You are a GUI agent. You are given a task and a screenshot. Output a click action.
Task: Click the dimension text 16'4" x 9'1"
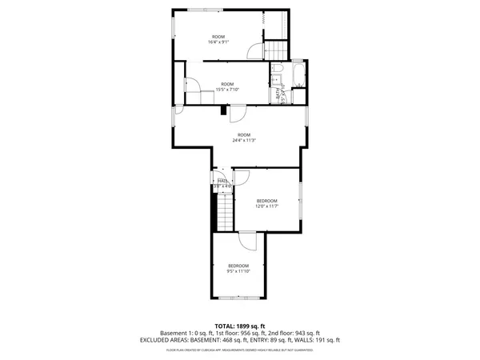point(218,42)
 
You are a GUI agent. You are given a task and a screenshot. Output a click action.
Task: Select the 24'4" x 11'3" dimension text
point(243,140)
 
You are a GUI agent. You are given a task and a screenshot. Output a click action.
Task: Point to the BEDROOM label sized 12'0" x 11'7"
point(266,200)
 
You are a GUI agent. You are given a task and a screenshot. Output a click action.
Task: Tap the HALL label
point(222,181)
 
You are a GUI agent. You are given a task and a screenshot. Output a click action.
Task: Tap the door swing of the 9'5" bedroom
point(248,241)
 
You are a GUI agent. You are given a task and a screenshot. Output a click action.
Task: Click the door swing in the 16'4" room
point(255,51)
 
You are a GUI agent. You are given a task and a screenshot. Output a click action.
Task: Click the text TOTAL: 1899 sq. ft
point(240,326)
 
